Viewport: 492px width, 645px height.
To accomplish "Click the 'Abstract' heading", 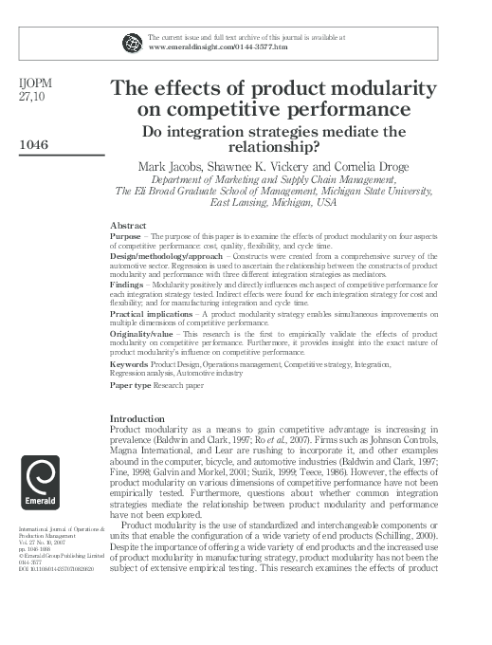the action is [x=128, y=225].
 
